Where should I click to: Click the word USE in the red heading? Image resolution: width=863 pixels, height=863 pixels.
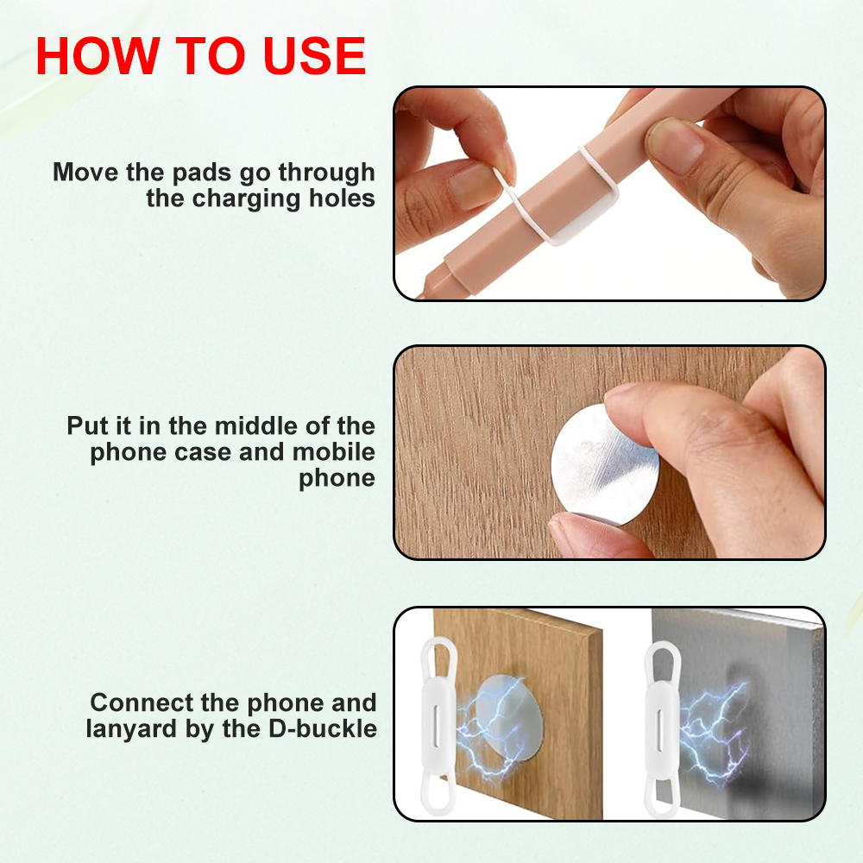click(314, 55)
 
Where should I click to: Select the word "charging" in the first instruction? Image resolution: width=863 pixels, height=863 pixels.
click(247, 198)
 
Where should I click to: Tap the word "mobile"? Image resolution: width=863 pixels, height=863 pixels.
click(333, 452)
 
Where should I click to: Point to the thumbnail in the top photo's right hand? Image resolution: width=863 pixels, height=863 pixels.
click(675, 145)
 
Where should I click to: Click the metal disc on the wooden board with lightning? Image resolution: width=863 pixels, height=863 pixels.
click(509, 718)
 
